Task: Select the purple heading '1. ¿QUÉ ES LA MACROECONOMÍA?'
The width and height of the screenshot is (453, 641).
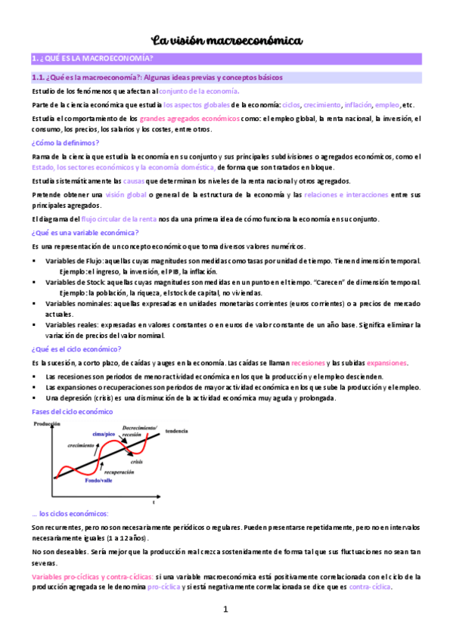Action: point(92,59)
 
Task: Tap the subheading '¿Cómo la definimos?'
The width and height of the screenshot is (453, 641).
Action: point(65,143)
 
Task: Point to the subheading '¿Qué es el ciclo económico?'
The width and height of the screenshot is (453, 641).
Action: point(76,349)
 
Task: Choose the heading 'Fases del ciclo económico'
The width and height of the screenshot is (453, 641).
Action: point(73,412)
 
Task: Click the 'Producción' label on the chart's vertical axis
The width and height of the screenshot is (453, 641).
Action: point(48,426)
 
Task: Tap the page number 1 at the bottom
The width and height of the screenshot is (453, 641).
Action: point(225,610)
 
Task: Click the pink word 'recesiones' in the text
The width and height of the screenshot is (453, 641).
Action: point(308,363)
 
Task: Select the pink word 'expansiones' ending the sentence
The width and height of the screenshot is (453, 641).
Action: point(388,363)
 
